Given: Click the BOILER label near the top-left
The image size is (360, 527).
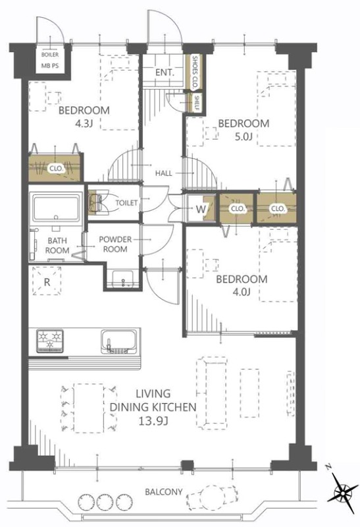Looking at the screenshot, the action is (50, 55).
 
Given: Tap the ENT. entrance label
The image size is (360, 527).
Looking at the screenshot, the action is (165, 72).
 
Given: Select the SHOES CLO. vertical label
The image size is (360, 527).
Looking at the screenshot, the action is (194, 72).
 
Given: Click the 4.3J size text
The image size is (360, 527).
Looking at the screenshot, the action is (84, 124).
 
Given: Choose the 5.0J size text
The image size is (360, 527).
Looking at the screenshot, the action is (243, 136).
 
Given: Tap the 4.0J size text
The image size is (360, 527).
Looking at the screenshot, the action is (241, 292).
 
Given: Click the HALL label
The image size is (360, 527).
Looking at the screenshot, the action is (163, 173).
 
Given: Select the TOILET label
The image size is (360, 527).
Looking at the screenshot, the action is (126, 203).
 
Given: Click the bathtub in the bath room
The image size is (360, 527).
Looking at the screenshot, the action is (56, 208).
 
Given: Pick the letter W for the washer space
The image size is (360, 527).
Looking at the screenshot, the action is (201, 209).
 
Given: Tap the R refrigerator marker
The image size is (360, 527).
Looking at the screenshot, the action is (47, 282).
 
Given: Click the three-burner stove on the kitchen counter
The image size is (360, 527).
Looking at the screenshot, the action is (50, 341).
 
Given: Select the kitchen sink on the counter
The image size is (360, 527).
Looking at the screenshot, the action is (119, 341).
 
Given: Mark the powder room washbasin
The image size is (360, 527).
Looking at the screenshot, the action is (123, 279).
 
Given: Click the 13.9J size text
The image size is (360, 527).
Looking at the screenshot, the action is (153, 421).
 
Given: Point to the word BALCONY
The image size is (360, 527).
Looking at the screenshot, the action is (164, 492).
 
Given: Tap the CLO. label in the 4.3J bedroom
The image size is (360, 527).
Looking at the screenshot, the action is (56, 169).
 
